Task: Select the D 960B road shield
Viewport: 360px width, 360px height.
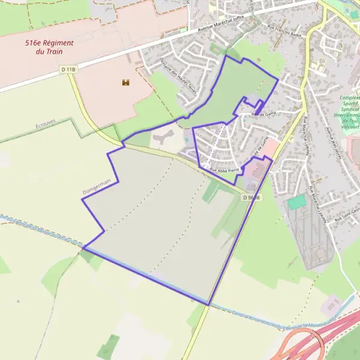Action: coord(253,197)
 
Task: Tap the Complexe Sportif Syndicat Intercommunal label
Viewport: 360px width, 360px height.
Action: coord(349,112)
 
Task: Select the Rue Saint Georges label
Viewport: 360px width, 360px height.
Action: coord(347,213)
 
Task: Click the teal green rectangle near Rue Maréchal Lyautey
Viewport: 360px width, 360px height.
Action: coord(296,202)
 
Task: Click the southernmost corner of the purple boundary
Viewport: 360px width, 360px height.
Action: coord(208,305)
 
